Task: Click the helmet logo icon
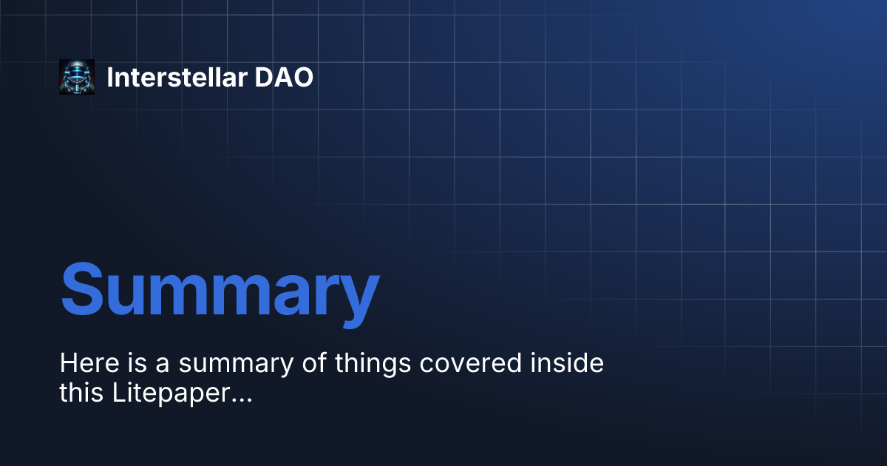[77, 77]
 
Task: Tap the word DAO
[285, 77]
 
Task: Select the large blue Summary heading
[220, 288]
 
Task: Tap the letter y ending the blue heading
[358, 296]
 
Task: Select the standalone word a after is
[159, 365]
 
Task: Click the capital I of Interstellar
[110, 77]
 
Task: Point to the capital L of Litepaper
[118, 394]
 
